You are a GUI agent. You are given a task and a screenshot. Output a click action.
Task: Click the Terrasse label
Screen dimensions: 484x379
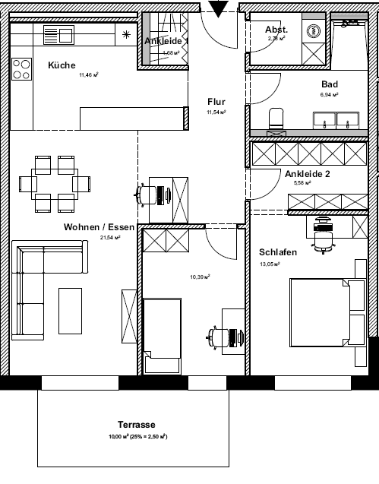click(137, 425)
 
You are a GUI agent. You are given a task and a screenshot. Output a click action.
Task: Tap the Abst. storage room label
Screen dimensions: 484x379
click(276, 30)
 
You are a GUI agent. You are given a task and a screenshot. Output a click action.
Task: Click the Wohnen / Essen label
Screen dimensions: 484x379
click(99, 227)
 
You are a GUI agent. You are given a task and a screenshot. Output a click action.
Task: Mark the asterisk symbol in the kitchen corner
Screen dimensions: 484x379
click(127, 33)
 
